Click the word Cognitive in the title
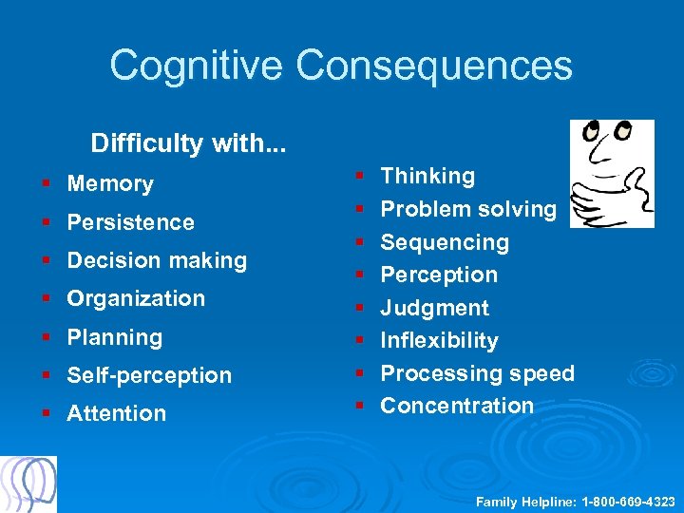pos(196,66)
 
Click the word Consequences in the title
pos(434,66)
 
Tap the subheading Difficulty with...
pos(188,143)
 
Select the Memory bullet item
pos(110,183)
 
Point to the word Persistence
pos(130,222)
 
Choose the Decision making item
pos(157,260)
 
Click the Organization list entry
pos(136,298)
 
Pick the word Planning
pos(114,337)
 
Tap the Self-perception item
pos(149,375)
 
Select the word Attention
pos(116,413)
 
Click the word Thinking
pos(427,176)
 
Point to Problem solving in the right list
pos(468,209)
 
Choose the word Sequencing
pos(445,242)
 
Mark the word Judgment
pos(434,308)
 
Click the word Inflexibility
pos(439,340)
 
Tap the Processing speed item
pos(477,373)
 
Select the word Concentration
pos(457,406)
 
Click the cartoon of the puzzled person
pos(611,173)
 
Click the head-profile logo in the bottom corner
pos(28,484)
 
